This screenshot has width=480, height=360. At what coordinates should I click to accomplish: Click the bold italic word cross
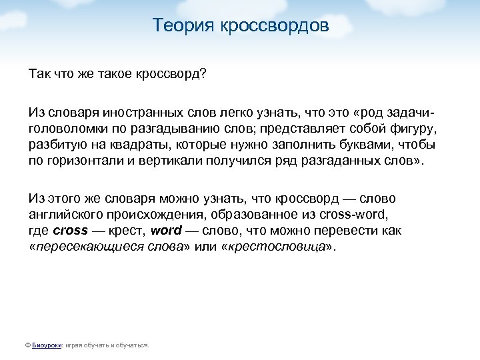71,231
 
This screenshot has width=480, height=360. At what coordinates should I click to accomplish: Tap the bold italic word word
166,231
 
